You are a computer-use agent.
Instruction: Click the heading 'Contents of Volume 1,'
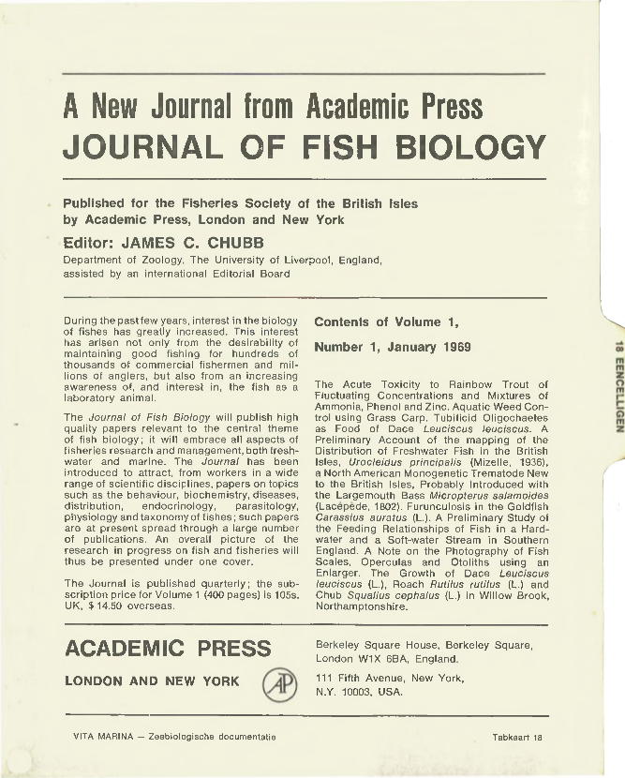pos(386,322)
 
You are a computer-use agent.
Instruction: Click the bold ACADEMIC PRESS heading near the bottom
pos(168,650)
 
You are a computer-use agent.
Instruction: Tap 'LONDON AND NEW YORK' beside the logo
pos(152,681)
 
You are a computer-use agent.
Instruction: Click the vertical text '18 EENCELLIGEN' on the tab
pos(613,385)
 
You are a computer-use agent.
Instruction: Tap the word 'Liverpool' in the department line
pos(280,259)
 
